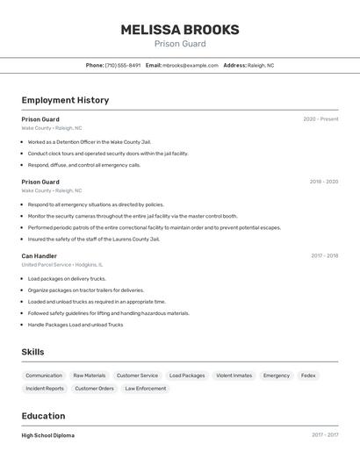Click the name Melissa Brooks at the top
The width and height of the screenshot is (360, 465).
[x=179, y=29]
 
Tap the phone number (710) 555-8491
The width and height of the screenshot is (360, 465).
[x=122, y=65]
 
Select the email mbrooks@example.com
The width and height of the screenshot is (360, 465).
[x=190, y=65]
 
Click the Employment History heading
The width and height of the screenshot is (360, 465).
[x=65, y=100]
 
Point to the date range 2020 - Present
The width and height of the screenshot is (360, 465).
[x=320, y=119]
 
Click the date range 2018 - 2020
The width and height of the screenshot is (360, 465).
[x=323, y=182]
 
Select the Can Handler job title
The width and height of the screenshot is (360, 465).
[x=40, y=256]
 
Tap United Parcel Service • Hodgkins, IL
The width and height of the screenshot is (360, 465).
[x=61, y=264]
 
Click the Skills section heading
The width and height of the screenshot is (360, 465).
[x=33, y=352]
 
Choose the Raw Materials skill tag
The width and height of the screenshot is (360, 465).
[x=89, y=376]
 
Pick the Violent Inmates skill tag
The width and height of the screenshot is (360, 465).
[x=234, y=376]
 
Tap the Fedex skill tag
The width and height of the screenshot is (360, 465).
[x=308, y=376]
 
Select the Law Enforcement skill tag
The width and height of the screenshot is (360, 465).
[x=145, y=388]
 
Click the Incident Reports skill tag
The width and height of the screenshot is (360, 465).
[x=45, y=388]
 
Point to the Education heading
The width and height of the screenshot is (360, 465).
[x=43, y=416]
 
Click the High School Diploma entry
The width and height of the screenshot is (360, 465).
[x=48, y=435]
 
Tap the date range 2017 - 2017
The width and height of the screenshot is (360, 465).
[x=324, y=435]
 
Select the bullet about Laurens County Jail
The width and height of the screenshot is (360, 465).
[x=94, y=239]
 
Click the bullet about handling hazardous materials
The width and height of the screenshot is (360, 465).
[x=108, y=313]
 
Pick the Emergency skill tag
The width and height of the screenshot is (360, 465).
[x=277, y=376]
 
